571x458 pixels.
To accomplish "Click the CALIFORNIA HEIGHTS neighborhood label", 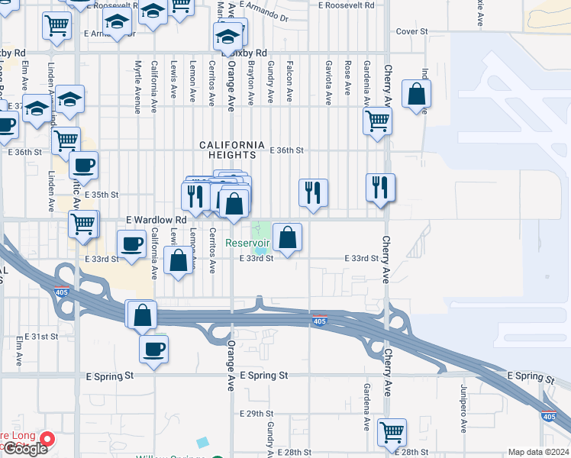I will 232,150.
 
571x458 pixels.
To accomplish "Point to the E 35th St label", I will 102,195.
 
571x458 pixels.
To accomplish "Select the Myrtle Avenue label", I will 138,87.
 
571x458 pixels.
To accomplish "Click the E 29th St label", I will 255,413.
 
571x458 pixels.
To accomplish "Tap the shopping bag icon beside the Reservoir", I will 287,237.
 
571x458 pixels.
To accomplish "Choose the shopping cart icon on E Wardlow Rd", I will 83,224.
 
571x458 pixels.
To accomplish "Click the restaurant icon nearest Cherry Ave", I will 380,188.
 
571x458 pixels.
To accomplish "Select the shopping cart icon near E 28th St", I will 392,433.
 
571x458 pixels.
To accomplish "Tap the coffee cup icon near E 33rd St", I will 131,244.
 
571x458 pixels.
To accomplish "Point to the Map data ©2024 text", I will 539,452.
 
